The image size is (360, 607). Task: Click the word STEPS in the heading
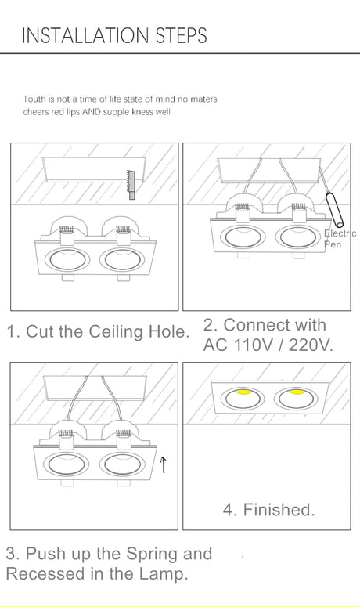click(182, 36)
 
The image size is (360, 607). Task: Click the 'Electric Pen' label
click(339, 239)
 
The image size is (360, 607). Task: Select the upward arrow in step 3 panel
click(163, 467)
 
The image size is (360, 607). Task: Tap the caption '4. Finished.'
click(268, 510)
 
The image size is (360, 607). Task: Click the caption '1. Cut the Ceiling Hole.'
click(98, 331)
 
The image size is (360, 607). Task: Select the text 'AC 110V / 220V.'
click(267, 345)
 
